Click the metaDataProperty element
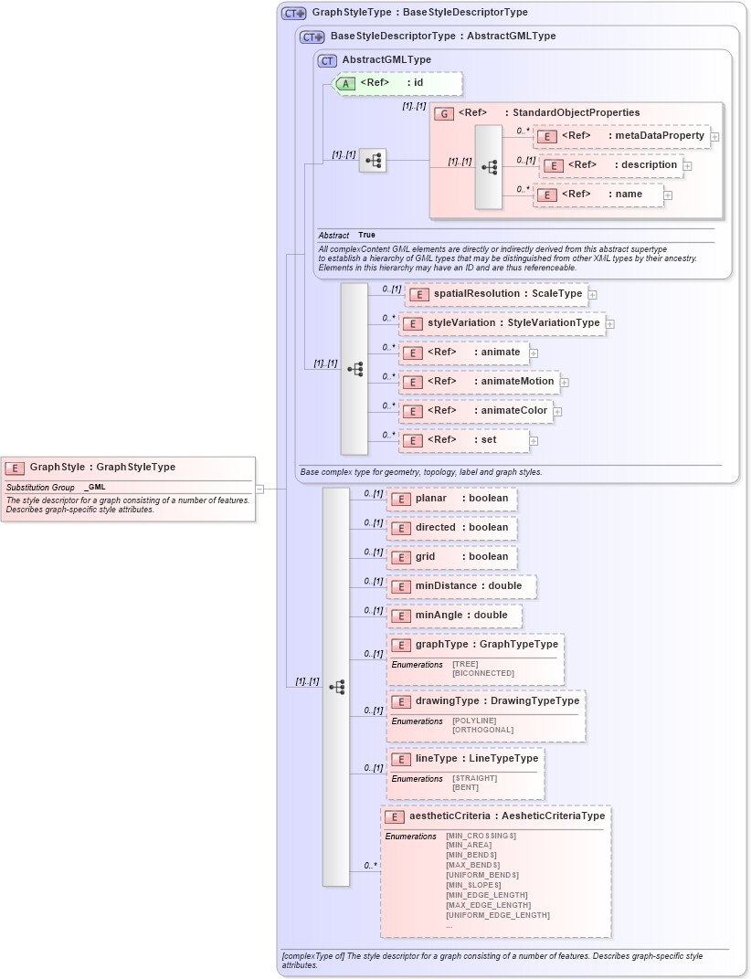tap(621, 136)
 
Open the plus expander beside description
tap(687, 166)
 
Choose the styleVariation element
tap(502, 323)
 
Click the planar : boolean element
tap(451, 499)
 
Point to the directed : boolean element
tap(451, 528)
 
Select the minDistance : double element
tap(460, 586)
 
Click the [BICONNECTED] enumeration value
tap(483, 674)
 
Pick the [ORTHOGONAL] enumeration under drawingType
tap(482, 731)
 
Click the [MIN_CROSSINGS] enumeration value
tap(481, 836)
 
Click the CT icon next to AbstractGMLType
tap(327, 60)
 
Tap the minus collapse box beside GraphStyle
tap(259, 489)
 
